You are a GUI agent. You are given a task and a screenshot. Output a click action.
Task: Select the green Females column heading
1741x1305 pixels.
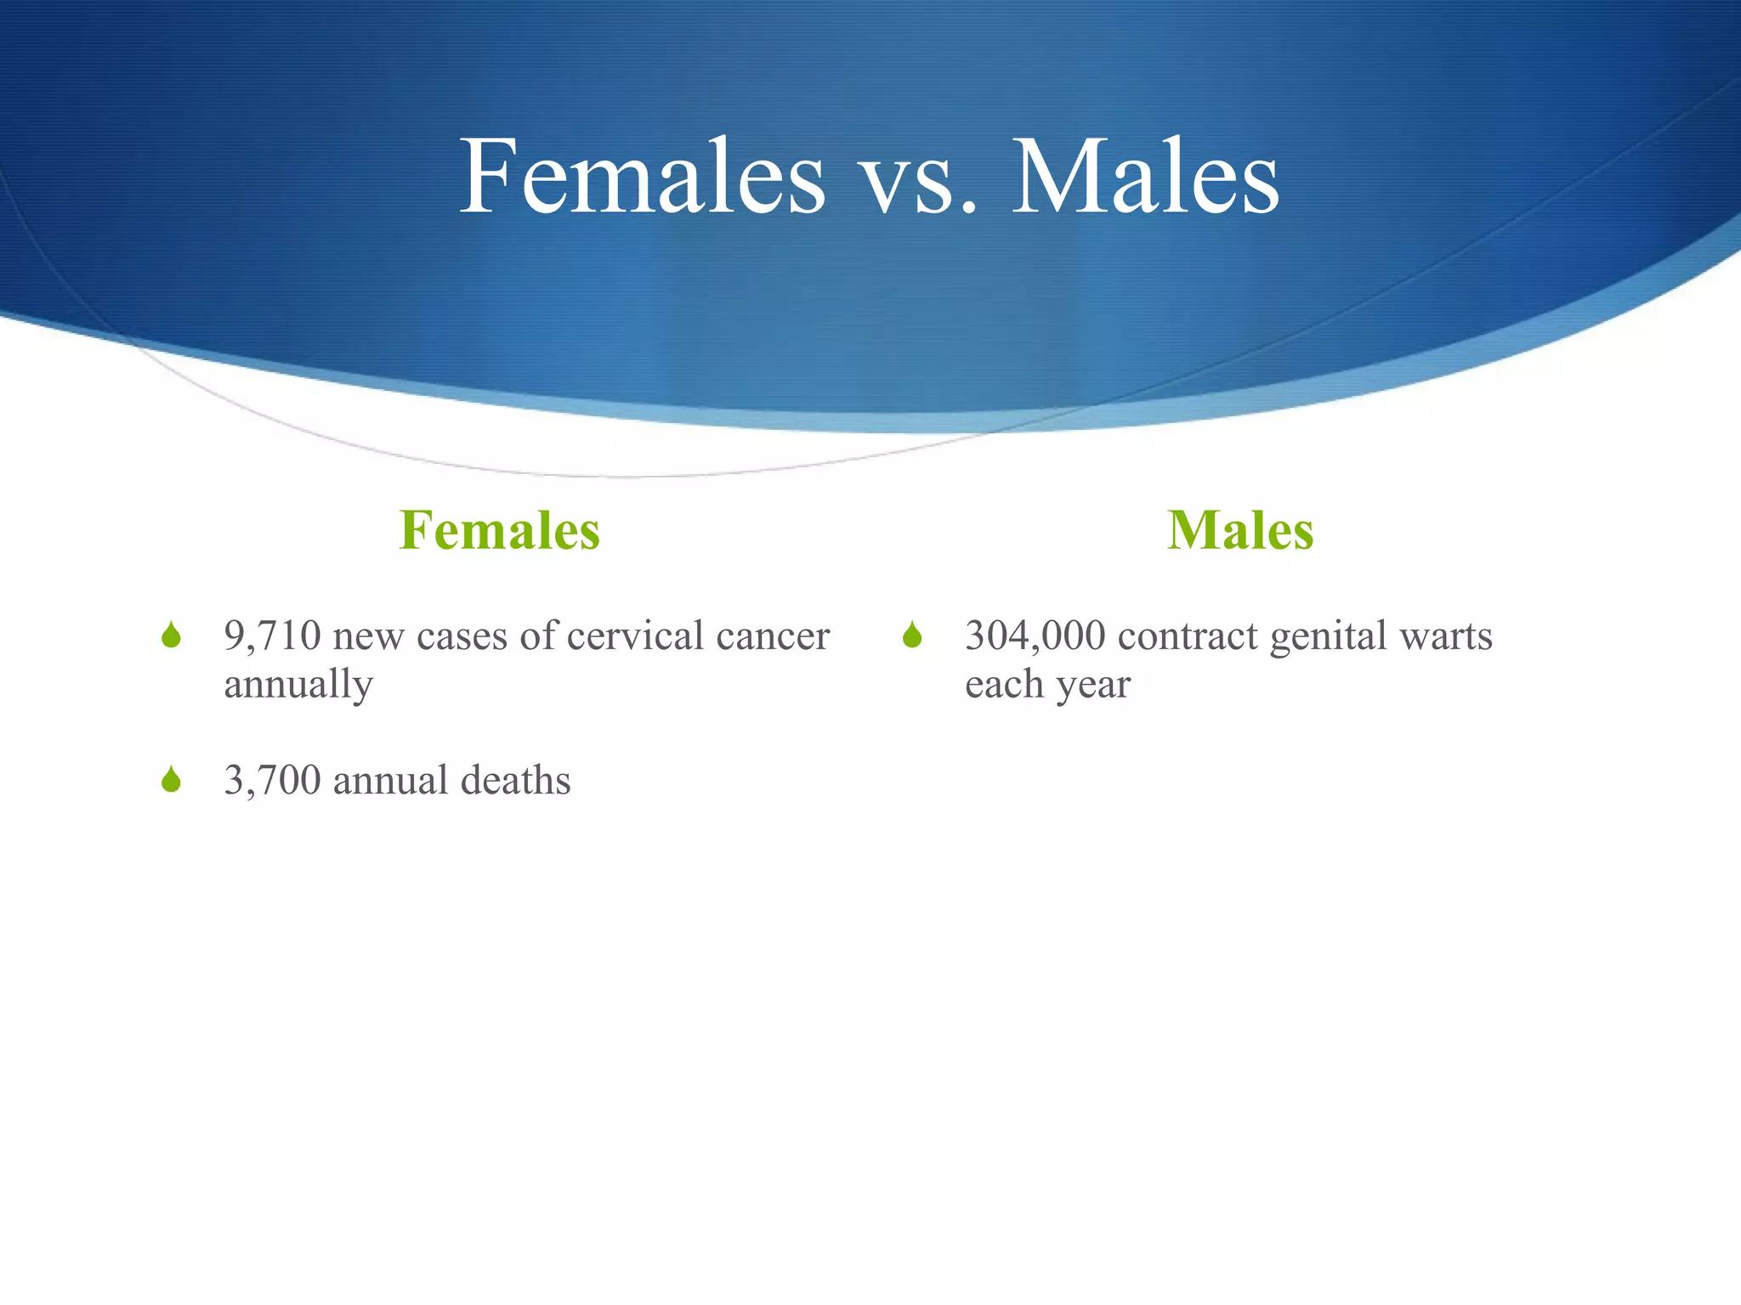tap(500, 530)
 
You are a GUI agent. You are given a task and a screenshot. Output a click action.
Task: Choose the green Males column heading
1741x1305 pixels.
tap(1240, 530)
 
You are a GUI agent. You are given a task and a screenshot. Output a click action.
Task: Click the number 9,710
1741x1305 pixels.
tap(272, 636)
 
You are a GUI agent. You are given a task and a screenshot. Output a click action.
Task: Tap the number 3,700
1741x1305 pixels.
tap(272, 781)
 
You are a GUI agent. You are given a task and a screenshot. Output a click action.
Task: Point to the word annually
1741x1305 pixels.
tap(298, 685)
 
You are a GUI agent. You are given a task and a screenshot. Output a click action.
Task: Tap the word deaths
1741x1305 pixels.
tap(515, 780)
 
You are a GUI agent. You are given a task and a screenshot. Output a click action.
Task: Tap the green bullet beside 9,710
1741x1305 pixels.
tap(171, 635)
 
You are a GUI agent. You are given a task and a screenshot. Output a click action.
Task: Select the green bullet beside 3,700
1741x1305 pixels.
tap(171, 779)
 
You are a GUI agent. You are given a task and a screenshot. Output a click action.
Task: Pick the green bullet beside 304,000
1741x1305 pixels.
tap(912, 635)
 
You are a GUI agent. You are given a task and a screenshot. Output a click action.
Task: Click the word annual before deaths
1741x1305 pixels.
tap(390, 780)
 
